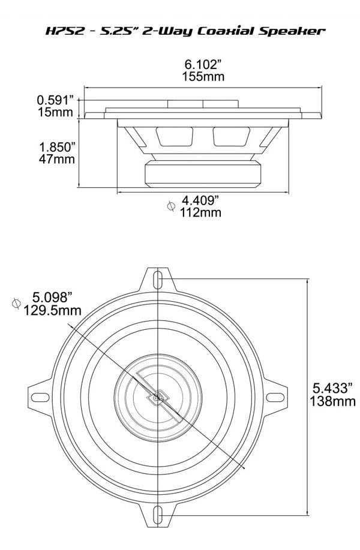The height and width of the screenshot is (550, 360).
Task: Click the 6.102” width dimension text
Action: (x=199, y=64)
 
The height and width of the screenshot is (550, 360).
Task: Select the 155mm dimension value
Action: (x=199, y=76)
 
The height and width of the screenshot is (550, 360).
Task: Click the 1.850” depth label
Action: (x=57, y=146)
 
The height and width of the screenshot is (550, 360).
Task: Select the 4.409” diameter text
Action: (x=202, y=200)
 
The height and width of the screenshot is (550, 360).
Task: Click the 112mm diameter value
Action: (x=200, y=212)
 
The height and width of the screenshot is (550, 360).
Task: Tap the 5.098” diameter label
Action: (x=53, y=297)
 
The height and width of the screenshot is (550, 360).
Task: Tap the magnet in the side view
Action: (x=203, y=175)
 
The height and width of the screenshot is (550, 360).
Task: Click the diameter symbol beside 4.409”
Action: (x=170, y=206)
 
